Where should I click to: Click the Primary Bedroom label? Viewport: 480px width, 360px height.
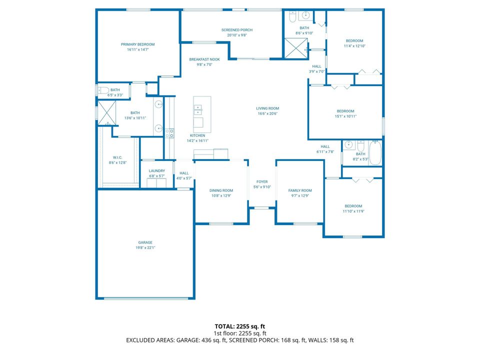click(138, 44)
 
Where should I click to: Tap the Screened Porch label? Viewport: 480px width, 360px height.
click(237, 30)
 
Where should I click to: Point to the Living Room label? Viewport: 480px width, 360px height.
click(267, 108)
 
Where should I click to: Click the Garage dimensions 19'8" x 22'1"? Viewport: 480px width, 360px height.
click(145, 248)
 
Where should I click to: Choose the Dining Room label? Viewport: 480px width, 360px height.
click(221, 190)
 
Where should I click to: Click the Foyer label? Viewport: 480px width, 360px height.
click(262, 182)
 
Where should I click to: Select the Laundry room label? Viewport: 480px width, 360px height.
click(157, 171)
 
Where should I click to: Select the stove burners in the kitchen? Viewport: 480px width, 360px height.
click(170, 133)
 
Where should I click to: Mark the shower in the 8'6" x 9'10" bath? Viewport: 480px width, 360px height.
click(296, 47)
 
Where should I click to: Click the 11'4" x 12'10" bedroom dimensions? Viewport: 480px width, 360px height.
click(354, 46)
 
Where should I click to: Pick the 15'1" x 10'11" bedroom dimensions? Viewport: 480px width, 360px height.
click(345, 116)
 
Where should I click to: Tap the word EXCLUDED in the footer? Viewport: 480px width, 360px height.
click(143, 340)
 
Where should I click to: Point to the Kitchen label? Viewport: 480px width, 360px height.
click(197, 135)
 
